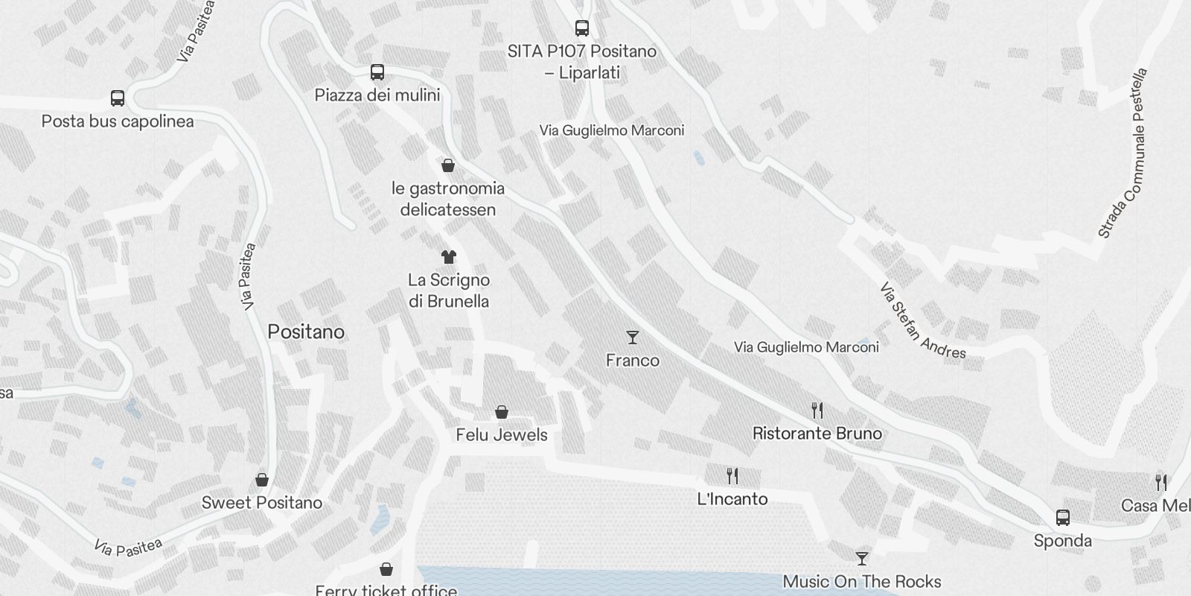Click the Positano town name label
click(306, 332)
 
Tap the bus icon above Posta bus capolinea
click(118, 98)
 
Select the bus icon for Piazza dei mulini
click(377, 72)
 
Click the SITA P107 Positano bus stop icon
click(582, 28)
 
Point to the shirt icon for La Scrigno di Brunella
click(448, 257)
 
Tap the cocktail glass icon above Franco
click(633, 337)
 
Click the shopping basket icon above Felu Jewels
click(502, 412)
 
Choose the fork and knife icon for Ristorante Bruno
click(817, 410)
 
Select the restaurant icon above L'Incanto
click(732, 475)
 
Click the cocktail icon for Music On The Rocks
click(862, 558)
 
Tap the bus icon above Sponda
click(1063, 517)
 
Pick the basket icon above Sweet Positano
click(262, 479)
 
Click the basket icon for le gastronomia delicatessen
click(448, 165)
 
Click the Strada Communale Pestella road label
click(1123, 153)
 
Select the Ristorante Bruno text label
click(817, 434)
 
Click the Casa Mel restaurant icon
click(1160, 482)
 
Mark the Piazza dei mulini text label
click(377, 95)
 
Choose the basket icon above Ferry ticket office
click(386, 569)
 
